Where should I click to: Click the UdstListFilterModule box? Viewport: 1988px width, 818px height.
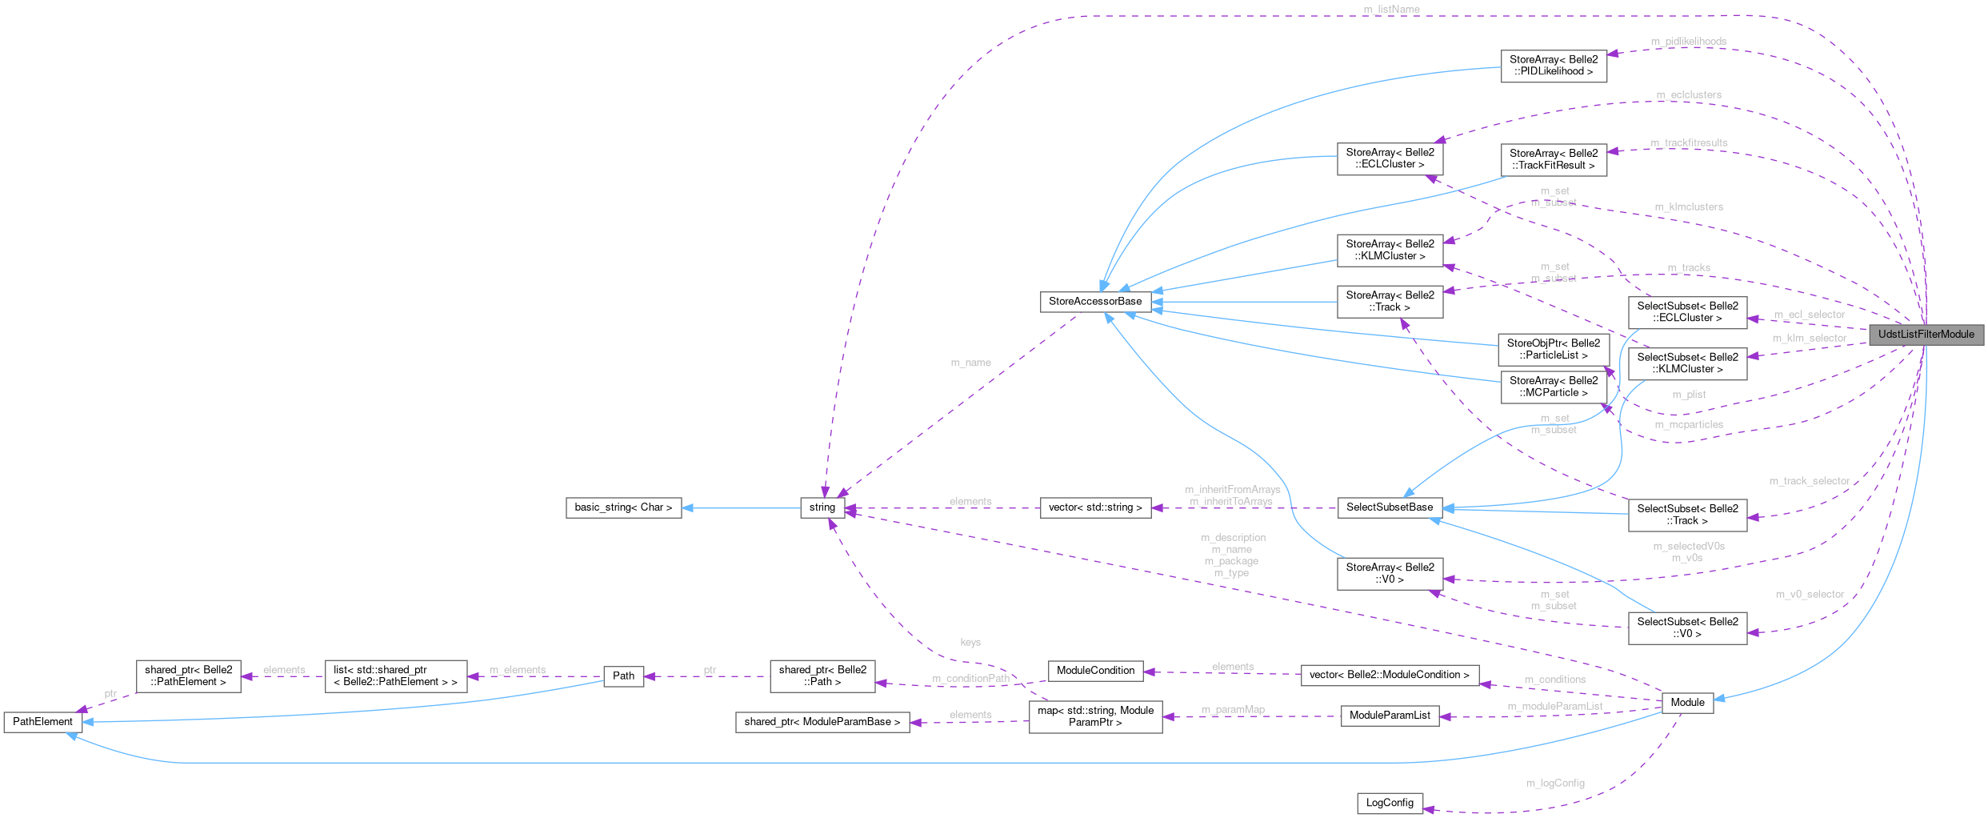(x=1926, y=335)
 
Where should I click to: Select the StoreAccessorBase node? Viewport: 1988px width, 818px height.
(x=1095, y=302)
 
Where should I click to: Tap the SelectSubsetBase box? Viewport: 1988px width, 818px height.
(x=1390, y=507)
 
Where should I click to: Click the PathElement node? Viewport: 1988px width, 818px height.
(x=42, y=722)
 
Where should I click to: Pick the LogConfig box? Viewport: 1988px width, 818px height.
(x=1390, y=803)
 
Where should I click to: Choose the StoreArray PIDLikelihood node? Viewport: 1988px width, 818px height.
(x=1553, y=66)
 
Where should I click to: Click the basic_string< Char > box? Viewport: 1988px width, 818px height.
(x=623, y=507)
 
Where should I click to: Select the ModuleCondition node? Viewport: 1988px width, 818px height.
(x=1095, y=671)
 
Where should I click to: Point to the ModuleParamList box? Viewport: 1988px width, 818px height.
(x=1390, y=716)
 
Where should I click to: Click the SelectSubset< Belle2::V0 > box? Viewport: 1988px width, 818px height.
(x=1687, y=628)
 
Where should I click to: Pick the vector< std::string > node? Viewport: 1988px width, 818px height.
(x=1095, y=507)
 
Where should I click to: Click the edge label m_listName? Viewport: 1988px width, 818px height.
(x=1391, y=10)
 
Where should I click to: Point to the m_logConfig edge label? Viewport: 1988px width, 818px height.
(x=1554, y=784)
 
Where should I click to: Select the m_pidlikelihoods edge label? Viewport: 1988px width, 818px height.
(x=1688, y=42)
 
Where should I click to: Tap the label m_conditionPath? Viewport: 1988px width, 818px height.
(x=970, y=679)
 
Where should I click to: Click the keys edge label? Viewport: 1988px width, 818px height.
(x=970, y=643)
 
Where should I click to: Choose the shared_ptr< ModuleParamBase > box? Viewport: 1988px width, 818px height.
(x=822, y=722)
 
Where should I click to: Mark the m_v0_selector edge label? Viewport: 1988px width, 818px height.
(x=1810, y=595)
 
